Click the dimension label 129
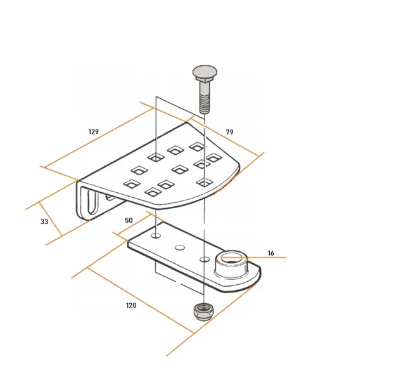94,131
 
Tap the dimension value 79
230,132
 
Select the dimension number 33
44,221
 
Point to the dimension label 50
129,220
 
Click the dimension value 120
131,305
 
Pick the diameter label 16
271,253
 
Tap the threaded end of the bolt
205,105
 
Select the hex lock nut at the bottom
203,312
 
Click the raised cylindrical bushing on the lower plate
231,264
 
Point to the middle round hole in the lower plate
180,247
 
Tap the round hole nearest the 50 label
156,236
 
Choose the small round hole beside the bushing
205,259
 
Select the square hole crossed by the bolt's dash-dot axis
205,183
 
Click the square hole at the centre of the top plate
180,169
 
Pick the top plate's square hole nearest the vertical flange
132,184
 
